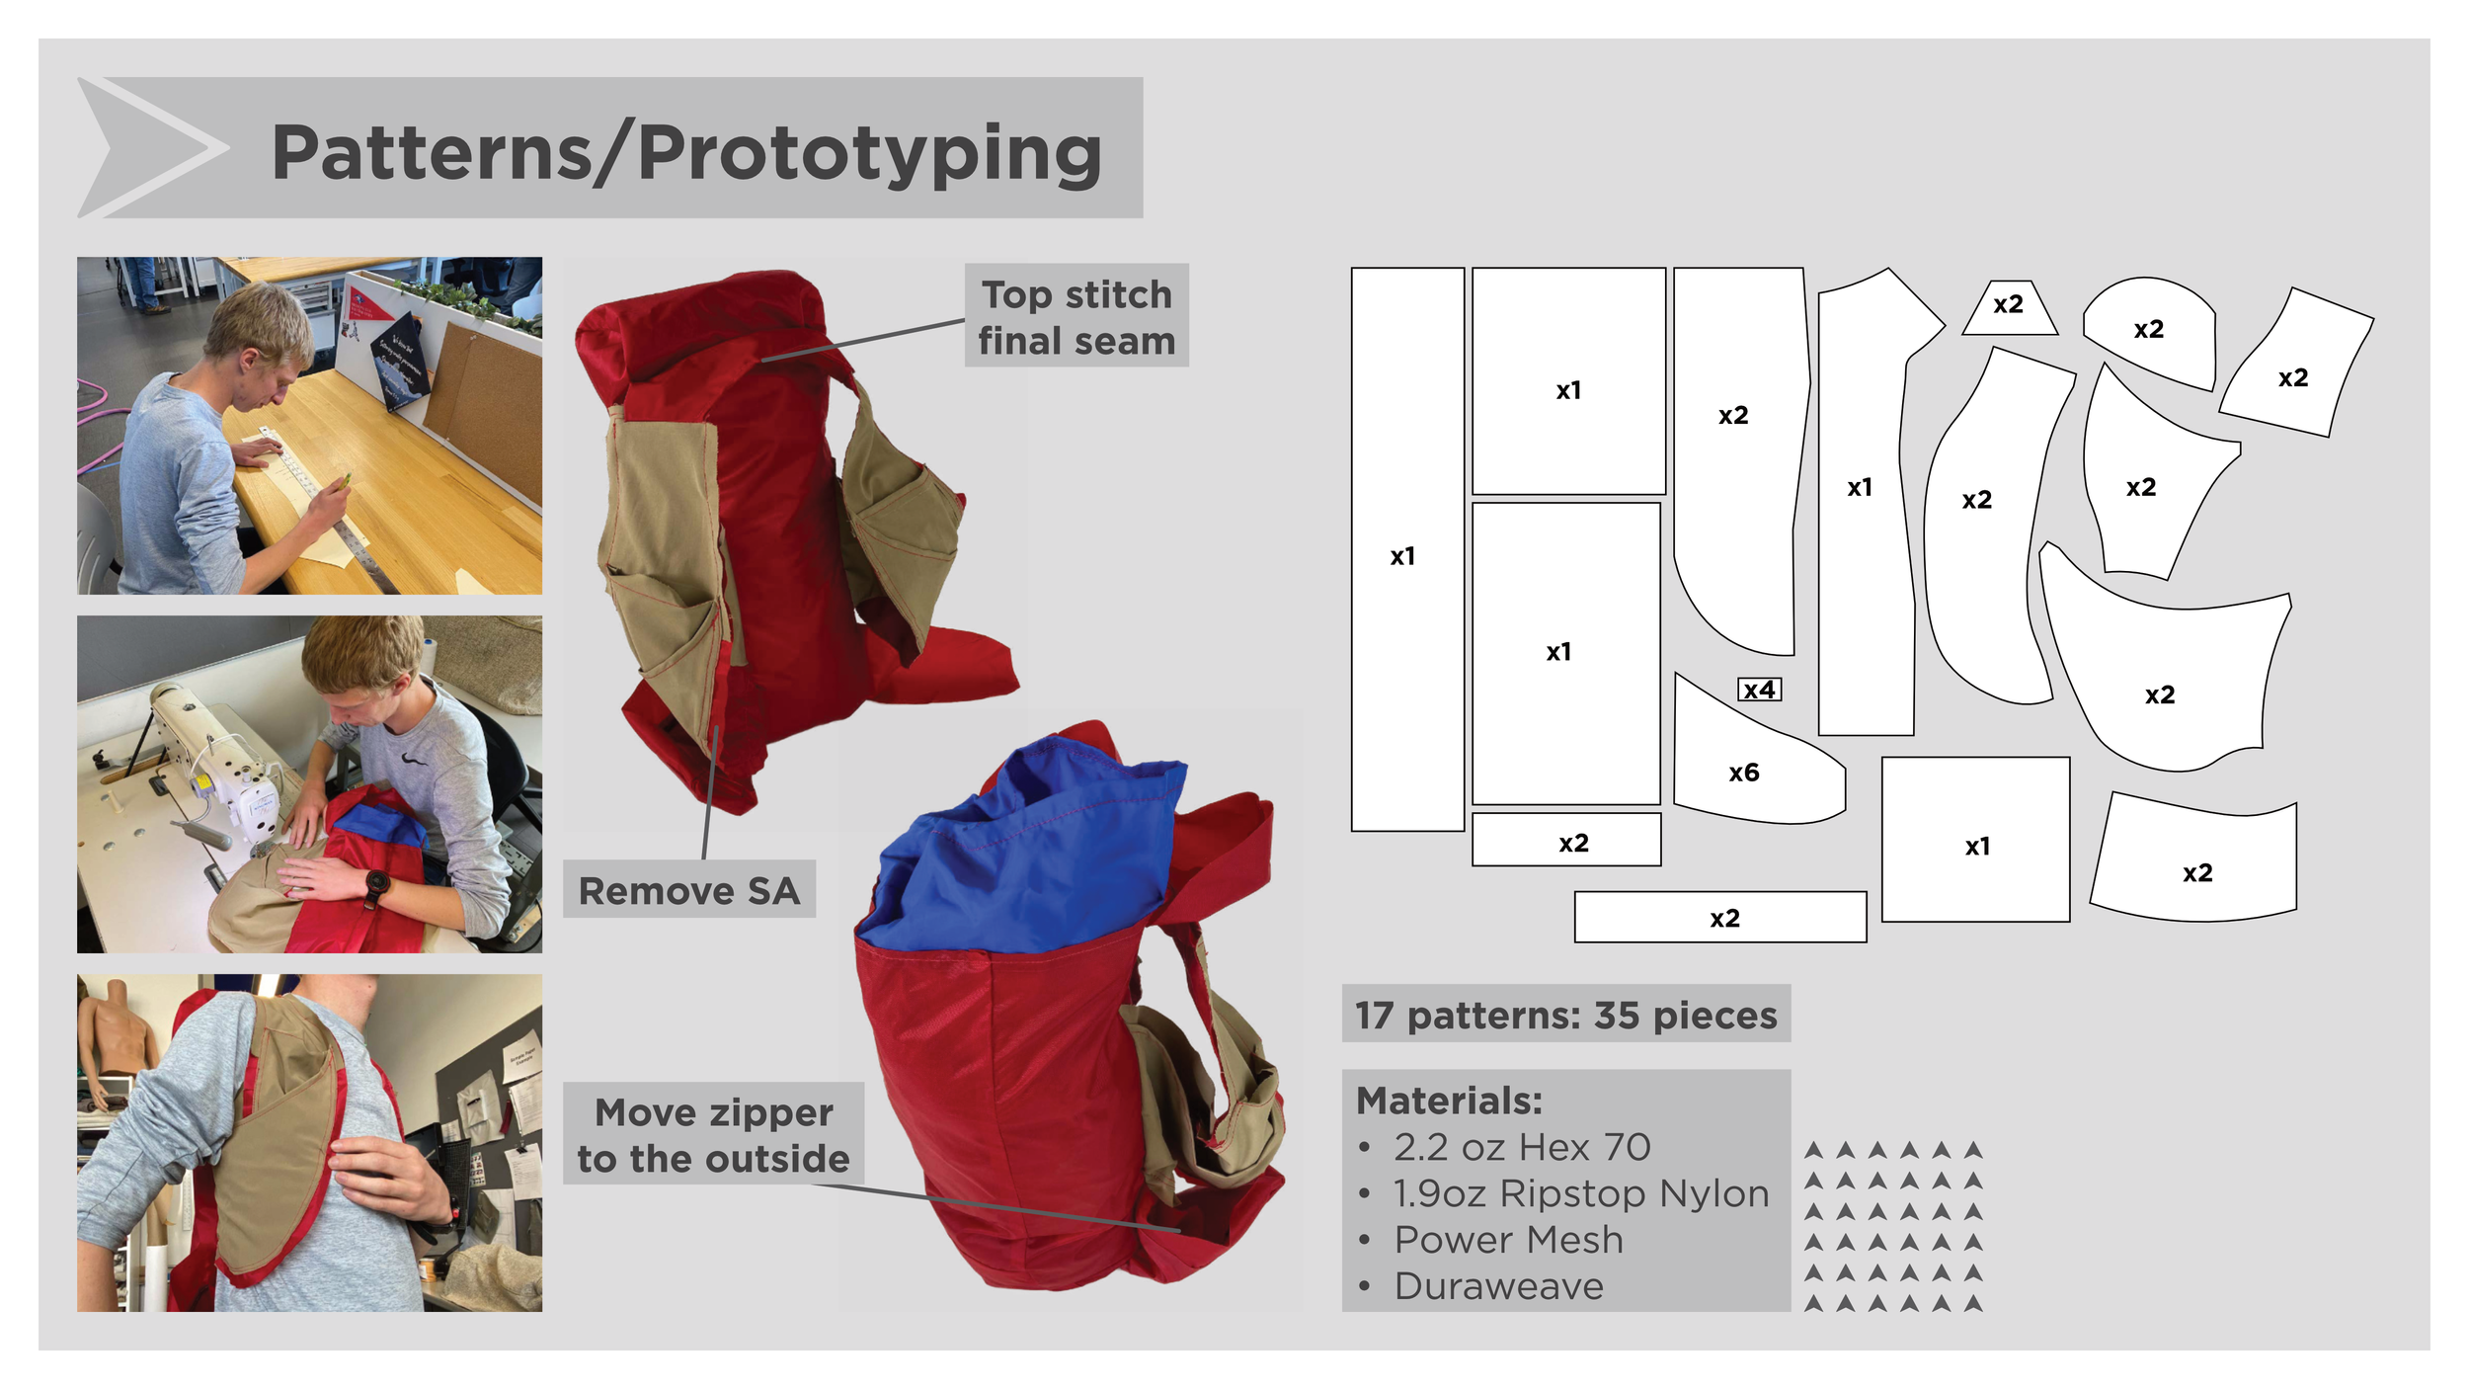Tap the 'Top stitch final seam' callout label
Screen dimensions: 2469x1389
tap(1076, 317)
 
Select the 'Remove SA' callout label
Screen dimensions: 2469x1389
tap(688, 890)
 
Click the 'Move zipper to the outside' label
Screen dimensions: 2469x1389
tap(713, 1135)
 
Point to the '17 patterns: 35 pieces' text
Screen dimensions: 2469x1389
tap(1565, 1015)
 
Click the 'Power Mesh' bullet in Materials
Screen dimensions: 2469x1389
tap(1508, 1239)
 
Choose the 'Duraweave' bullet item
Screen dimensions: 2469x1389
tap(1498, 1285)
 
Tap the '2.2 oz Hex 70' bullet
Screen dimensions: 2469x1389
tap(1522, 1147)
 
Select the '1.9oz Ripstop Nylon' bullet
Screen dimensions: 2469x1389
tap(1580, 1193)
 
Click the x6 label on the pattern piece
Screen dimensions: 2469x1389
tap(1743, 773)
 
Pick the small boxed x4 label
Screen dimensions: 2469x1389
tap(1759, 690)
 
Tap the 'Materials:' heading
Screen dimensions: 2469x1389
tap(1449, 1101)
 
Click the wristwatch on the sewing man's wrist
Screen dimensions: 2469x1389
tap(376, 882)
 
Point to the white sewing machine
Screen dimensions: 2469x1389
tap(232, 780)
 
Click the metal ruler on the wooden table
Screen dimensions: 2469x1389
tap(336, 514)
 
